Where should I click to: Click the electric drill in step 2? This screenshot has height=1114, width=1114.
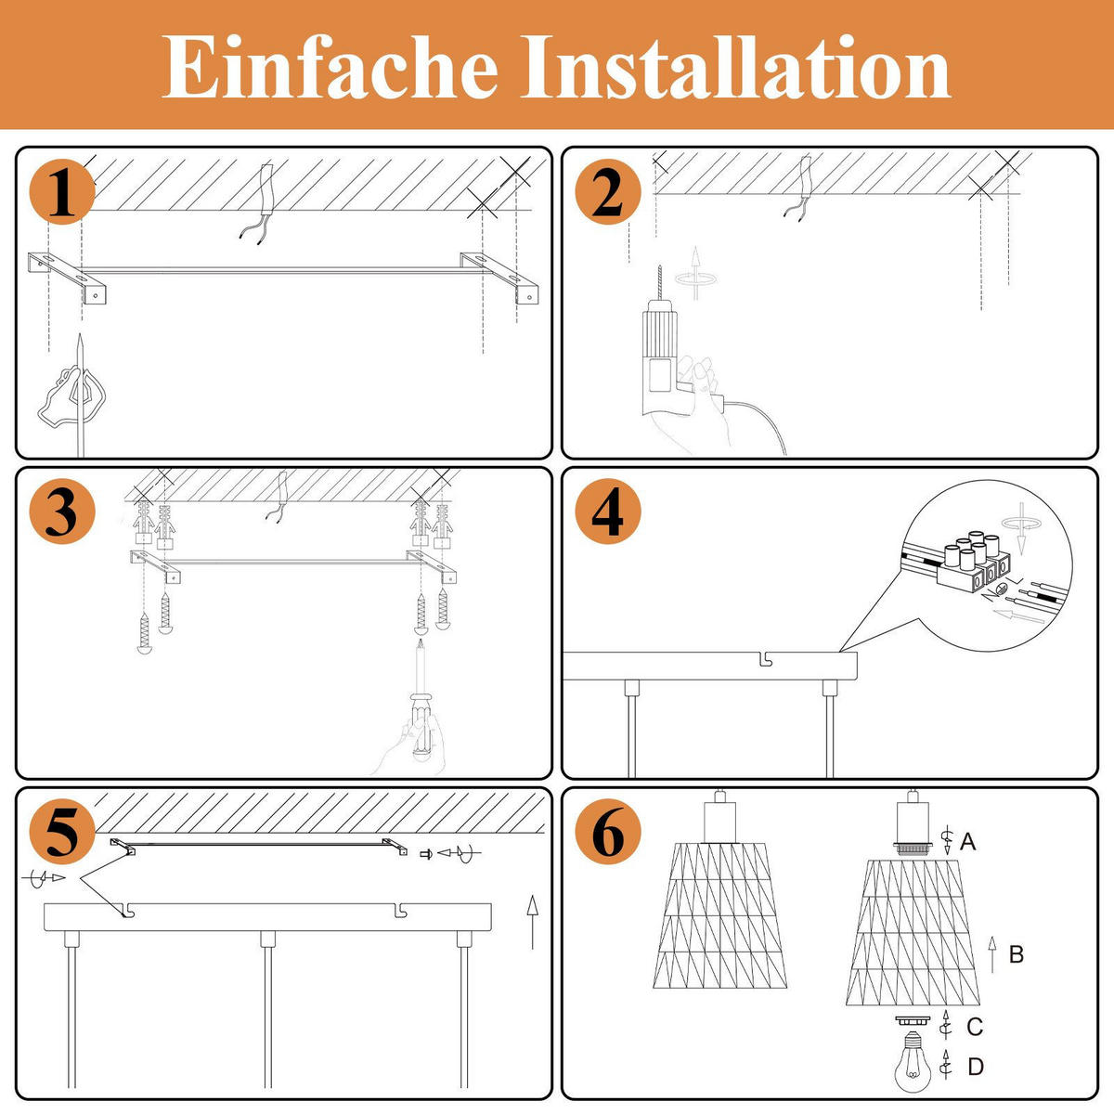[x=663, y=353]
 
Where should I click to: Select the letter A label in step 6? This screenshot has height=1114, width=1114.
[x=967, y=842]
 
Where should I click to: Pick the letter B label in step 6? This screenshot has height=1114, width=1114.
[x=1016, y=953]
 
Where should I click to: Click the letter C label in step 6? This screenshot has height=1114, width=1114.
[x=974, y=1026]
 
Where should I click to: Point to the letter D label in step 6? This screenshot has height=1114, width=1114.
[x=975, y=1067]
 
